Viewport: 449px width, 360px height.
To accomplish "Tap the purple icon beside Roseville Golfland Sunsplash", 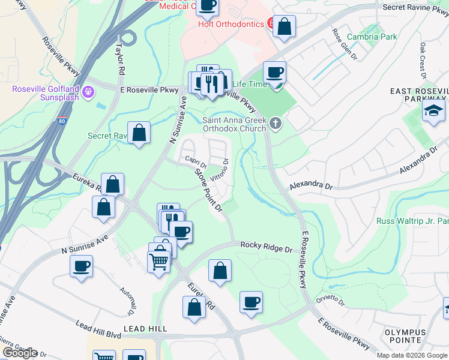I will [88, 92].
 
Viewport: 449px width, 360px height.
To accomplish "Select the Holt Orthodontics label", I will [231, 24].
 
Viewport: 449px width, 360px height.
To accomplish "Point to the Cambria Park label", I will [372, 37].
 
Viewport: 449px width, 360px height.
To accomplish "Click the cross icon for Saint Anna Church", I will [276, 124].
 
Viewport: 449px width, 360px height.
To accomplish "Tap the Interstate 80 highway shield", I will [62, 121].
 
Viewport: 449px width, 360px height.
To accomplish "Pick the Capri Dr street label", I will [196, 161].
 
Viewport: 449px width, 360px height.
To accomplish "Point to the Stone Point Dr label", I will [208, 190].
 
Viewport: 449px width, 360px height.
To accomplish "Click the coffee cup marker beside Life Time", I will [275, 73].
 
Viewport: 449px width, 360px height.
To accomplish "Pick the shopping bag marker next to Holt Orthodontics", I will [284, 26].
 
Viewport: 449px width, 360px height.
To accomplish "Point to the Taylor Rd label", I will [121, 58].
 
